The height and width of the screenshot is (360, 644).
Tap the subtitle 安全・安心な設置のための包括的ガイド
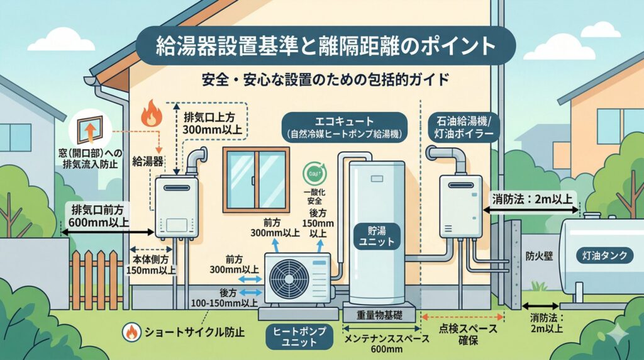tap(323, 81)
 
